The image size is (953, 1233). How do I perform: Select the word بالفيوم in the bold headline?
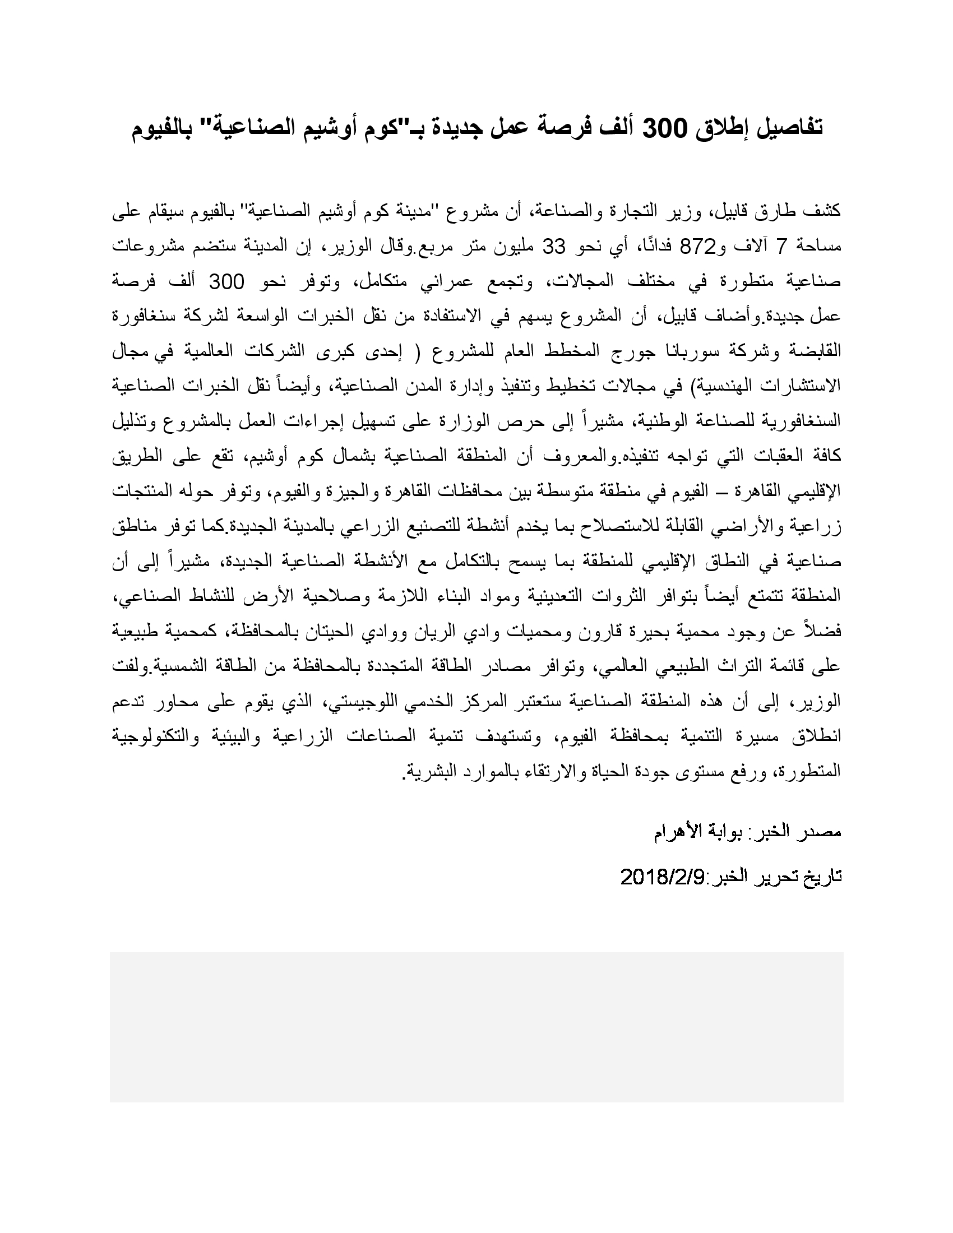click(164, 128)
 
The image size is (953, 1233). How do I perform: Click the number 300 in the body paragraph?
click(226, 282)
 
